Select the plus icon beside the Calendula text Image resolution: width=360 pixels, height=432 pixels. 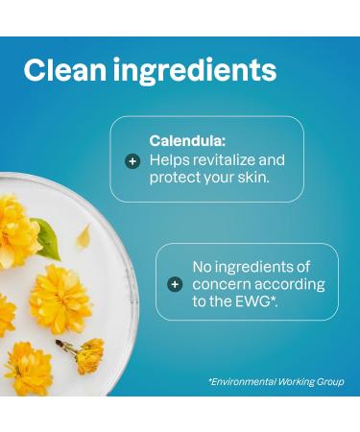click(133, 160)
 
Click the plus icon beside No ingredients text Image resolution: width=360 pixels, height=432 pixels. click(175, 284)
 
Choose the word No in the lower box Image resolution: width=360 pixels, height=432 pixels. click(204, 266)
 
